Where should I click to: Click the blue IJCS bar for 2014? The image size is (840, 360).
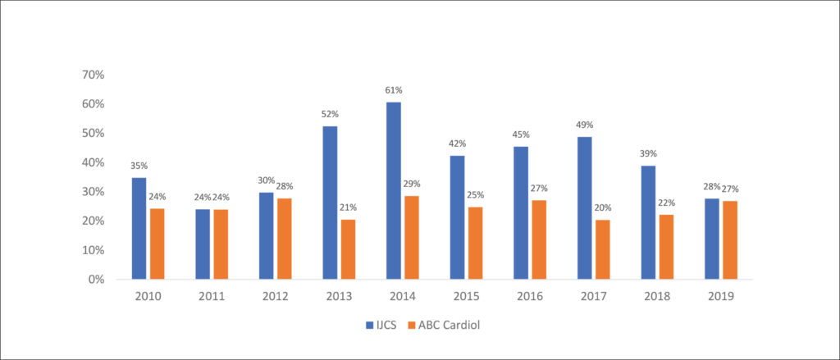pyautogui.click(x=393, y=191)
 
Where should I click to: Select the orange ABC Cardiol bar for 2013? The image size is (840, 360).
pyautogui.click(x=348, y=249)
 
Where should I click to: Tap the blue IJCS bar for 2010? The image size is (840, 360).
pyautogui.click(x=139, y=229)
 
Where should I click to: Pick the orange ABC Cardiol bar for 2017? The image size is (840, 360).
pyautogui.click(x=602, y=249)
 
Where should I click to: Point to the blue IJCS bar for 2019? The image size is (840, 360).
pyautogui.click(x=711, y=239)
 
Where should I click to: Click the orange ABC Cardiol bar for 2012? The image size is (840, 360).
pyautogui.click(x=284, y=239)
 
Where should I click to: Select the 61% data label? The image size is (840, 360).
pyautogui.click(x=393, y=90)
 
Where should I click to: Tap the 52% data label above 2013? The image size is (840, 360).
pyautogui.click(x=330, y=114)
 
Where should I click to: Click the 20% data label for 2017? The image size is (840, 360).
pyautogui.click(x=602, y=207)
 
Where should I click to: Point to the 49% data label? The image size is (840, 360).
pyautogui.click(x=584, y=125)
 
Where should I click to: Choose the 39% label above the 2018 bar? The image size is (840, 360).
pyautogui.click(x=648, y=153)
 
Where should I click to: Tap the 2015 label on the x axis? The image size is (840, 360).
pyautogui.click(x=466, y=296)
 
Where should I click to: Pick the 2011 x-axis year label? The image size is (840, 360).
pyautogui.click(x=212, y=296)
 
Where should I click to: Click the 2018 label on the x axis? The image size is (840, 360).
pyautogui.click(x=657, y=296)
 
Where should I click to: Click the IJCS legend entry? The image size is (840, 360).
pyautogui.click(x=381, y=325)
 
